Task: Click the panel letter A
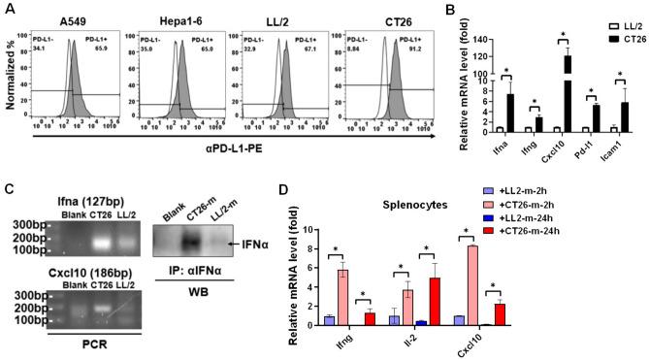9,9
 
